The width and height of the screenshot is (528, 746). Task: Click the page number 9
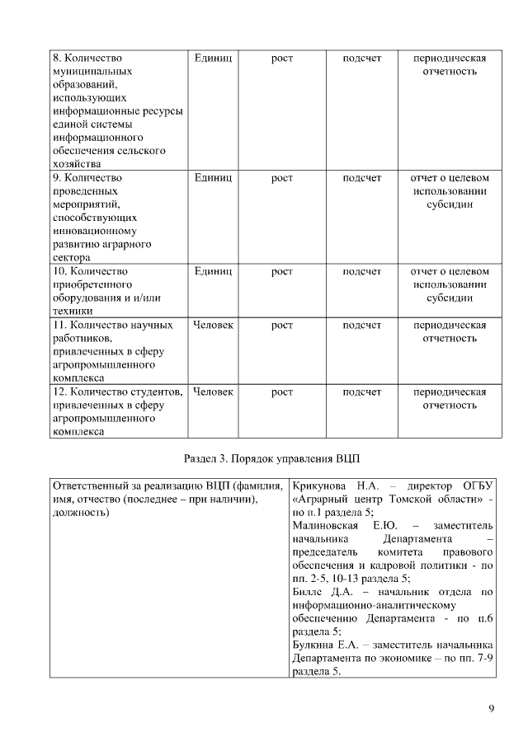coord(492,708)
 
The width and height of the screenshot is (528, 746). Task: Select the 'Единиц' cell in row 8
coord(213,59)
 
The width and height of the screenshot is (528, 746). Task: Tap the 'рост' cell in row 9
coord(282,177)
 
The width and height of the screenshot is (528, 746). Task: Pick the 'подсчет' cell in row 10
coord(362,270)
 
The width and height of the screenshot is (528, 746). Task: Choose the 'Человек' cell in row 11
coord(213,325)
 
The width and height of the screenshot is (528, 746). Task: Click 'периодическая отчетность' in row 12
coord(450,398)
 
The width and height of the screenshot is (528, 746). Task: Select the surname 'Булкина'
coord(312,645)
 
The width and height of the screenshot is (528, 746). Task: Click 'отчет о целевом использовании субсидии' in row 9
coord(450,190)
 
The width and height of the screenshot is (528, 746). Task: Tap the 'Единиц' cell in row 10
coord(213,270)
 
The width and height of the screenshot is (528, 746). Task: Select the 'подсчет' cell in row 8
coord(362,59)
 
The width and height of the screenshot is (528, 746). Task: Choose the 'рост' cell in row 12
coord(282,392)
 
